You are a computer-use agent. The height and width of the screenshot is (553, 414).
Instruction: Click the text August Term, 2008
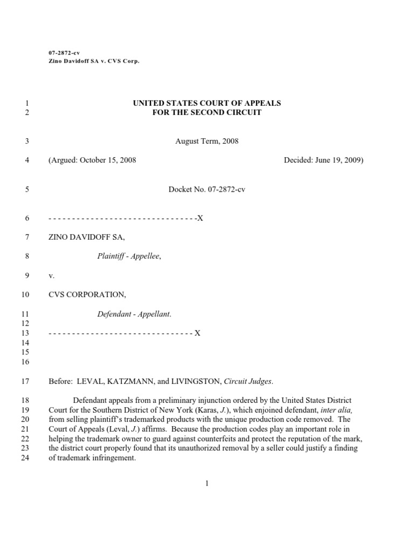pos(206,141)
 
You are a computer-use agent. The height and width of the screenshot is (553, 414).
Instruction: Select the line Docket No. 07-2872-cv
pos(206,190)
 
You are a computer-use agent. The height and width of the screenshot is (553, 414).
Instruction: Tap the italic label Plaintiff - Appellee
pos(129,257)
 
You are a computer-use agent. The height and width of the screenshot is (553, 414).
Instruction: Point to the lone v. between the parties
pos(52,275)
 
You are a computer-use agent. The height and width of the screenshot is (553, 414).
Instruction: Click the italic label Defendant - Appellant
pos(134,314)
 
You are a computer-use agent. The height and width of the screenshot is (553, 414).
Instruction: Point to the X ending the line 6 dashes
pos(200,218)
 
